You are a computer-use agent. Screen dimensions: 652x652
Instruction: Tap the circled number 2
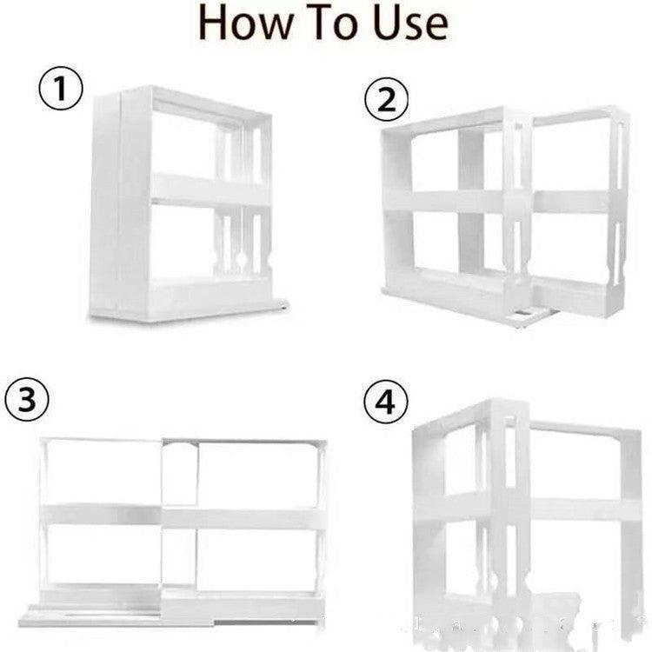(x=385, y=103)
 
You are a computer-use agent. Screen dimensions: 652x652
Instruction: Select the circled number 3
(x=28, y=401)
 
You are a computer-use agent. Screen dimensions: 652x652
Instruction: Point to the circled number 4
(x=384, y=406)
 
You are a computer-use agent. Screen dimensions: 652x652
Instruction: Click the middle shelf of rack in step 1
(x=209, y=190)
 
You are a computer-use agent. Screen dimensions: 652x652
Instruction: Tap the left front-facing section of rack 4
(x=452, y=513)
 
